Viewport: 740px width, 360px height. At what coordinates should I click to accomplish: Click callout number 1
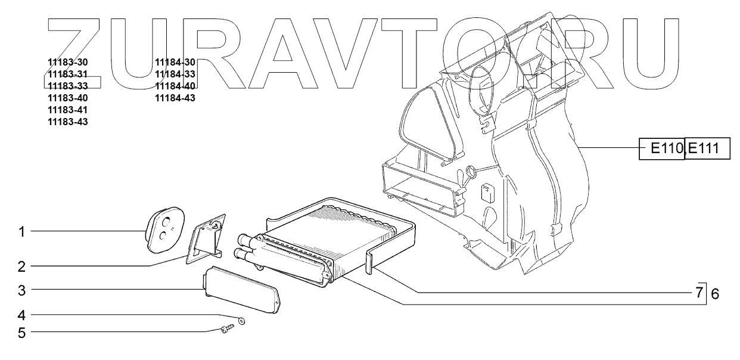click(x=22, y=231)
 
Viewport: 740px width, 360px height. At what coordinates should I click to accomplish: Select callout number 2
click(x=22, y=266)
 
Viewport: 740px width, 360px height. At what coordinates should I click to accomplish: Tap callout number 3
click(x=22, y=291)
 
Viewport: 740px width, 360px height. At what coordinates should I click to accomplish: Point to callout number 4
click(x=22, y=314)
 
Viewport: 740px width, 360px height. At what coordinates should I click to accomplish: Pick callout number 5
click(x=22, y=332)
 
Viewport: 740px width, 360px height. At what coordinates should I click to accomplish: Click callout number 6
click(x=715, y=293)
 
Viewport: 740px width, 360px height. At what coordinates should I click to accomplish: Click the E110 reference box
click(x=663, y=149)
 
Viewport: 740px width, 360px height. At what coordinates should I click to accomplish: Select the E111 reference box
click(x=708, y=149)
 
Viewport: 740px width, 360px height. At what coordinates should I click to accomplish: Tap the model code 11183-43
click(x=67, y=122)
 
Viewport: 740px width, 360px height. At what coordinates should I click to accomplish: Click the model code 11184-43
click(x=175, y=98)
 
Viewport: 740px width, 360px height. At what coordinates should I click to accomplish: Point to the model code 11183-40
click(x=67, y=98)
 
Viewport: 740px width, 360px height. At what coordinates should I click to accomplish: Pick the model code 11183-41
click(x=67, y=110)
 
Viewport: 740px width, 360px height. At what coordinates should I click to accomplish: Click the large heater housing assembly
click(x=506, y=161)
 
